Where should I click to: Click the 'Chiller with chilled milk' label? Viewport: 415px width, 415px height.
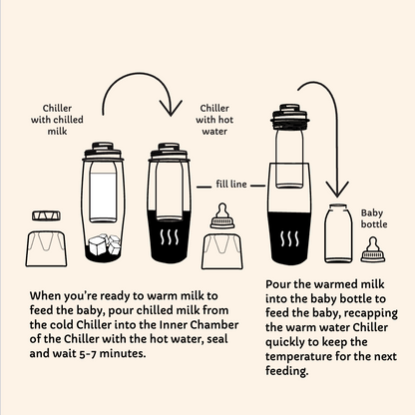(x=57, y=120)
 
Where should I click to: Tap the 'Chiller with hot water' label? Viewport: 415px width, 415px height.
(x=214, y=120)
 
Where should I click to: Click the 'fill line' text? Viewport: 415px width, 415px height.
(x=231, y=184)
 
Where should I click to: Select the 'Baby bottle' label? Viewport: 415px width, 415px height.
(x=374, y=218)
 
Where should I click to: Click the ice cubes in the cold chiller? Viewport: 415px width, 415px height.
(x=104, y=244)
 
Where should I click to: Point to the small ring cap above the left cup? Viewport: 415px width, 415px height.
(x=46, y=215)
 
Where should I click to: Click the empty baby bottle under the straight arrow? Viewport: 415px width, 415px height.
(x=338, y=233)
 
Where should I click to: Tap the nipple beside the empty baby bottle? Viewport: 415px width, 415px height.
(x=373, y=249)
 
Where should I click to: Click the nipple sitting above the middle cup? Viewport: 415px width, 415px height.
(x=222, y=215)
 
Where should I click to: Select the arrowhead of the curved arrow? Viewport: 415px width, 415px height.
(x=171, y=108)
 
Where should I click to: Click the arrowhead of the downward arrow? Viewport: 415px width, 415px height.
(x=337, y=190)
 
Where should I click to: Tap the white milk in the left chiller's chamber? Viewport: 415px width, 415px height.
(x=103, y=196)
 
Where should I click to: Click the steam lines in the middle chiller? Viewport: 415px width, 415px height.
(x=170, y=237)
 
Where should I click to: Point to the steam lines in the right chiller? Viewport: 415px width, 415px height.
(x=289, y=239)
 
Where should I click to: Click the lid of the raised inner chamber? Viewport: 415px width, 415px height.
(x=290, y=117)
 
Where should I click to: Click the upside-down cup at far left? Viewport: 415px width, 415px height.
(x=46, y=248)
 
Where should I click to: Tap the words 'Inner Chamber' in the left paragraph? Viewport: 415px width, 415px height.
(x=199, y=324)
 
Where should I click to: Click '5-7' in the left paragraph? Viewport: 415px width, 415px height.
(x=88, y=353)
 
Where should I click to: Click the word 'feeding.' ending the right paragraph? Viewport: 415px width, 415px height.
(x=287, y=371)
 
